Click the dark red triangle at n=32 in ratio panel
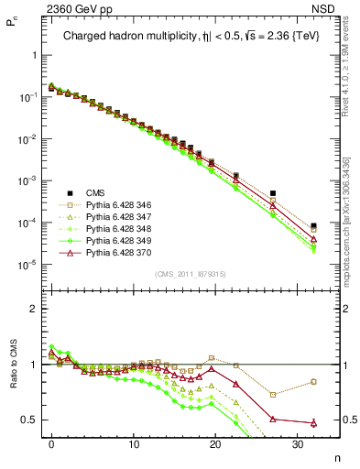coord(313,423)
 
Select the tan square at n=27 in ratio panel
coord(272,395)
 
